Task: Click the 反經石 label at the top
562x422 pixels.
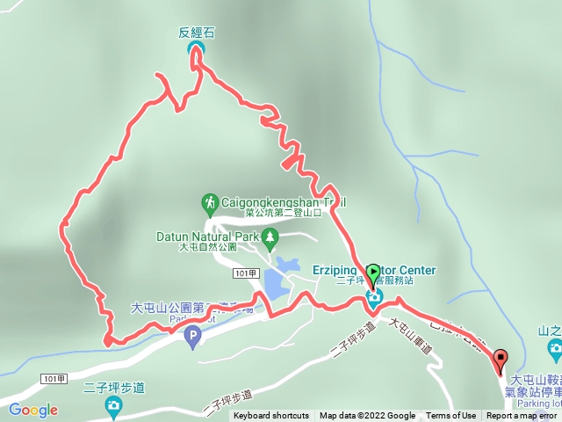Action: click(196, 33)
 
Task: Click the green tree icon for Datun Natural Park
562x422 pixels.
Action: click(270, 236)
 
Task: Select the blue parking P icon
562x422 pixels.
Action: click(192, 335)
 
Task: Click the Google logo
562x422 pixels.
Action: click(33, 410)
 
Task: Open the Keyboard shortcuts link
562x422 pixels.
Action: click(270, 416)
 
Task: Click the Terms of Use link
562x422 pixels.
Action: click(450, 416)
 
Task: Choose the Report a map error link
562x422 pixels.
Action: click(522, 416)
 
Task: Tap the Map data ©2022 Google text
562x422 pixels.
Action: click(367, 416)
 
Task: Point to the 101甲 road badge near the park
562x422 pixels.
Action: click(247, 274)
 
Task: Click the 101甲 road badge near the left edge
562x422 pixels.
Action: click(54, 378)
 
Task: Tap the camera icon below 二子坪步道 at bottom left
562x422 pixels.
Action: click(113, 405)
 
